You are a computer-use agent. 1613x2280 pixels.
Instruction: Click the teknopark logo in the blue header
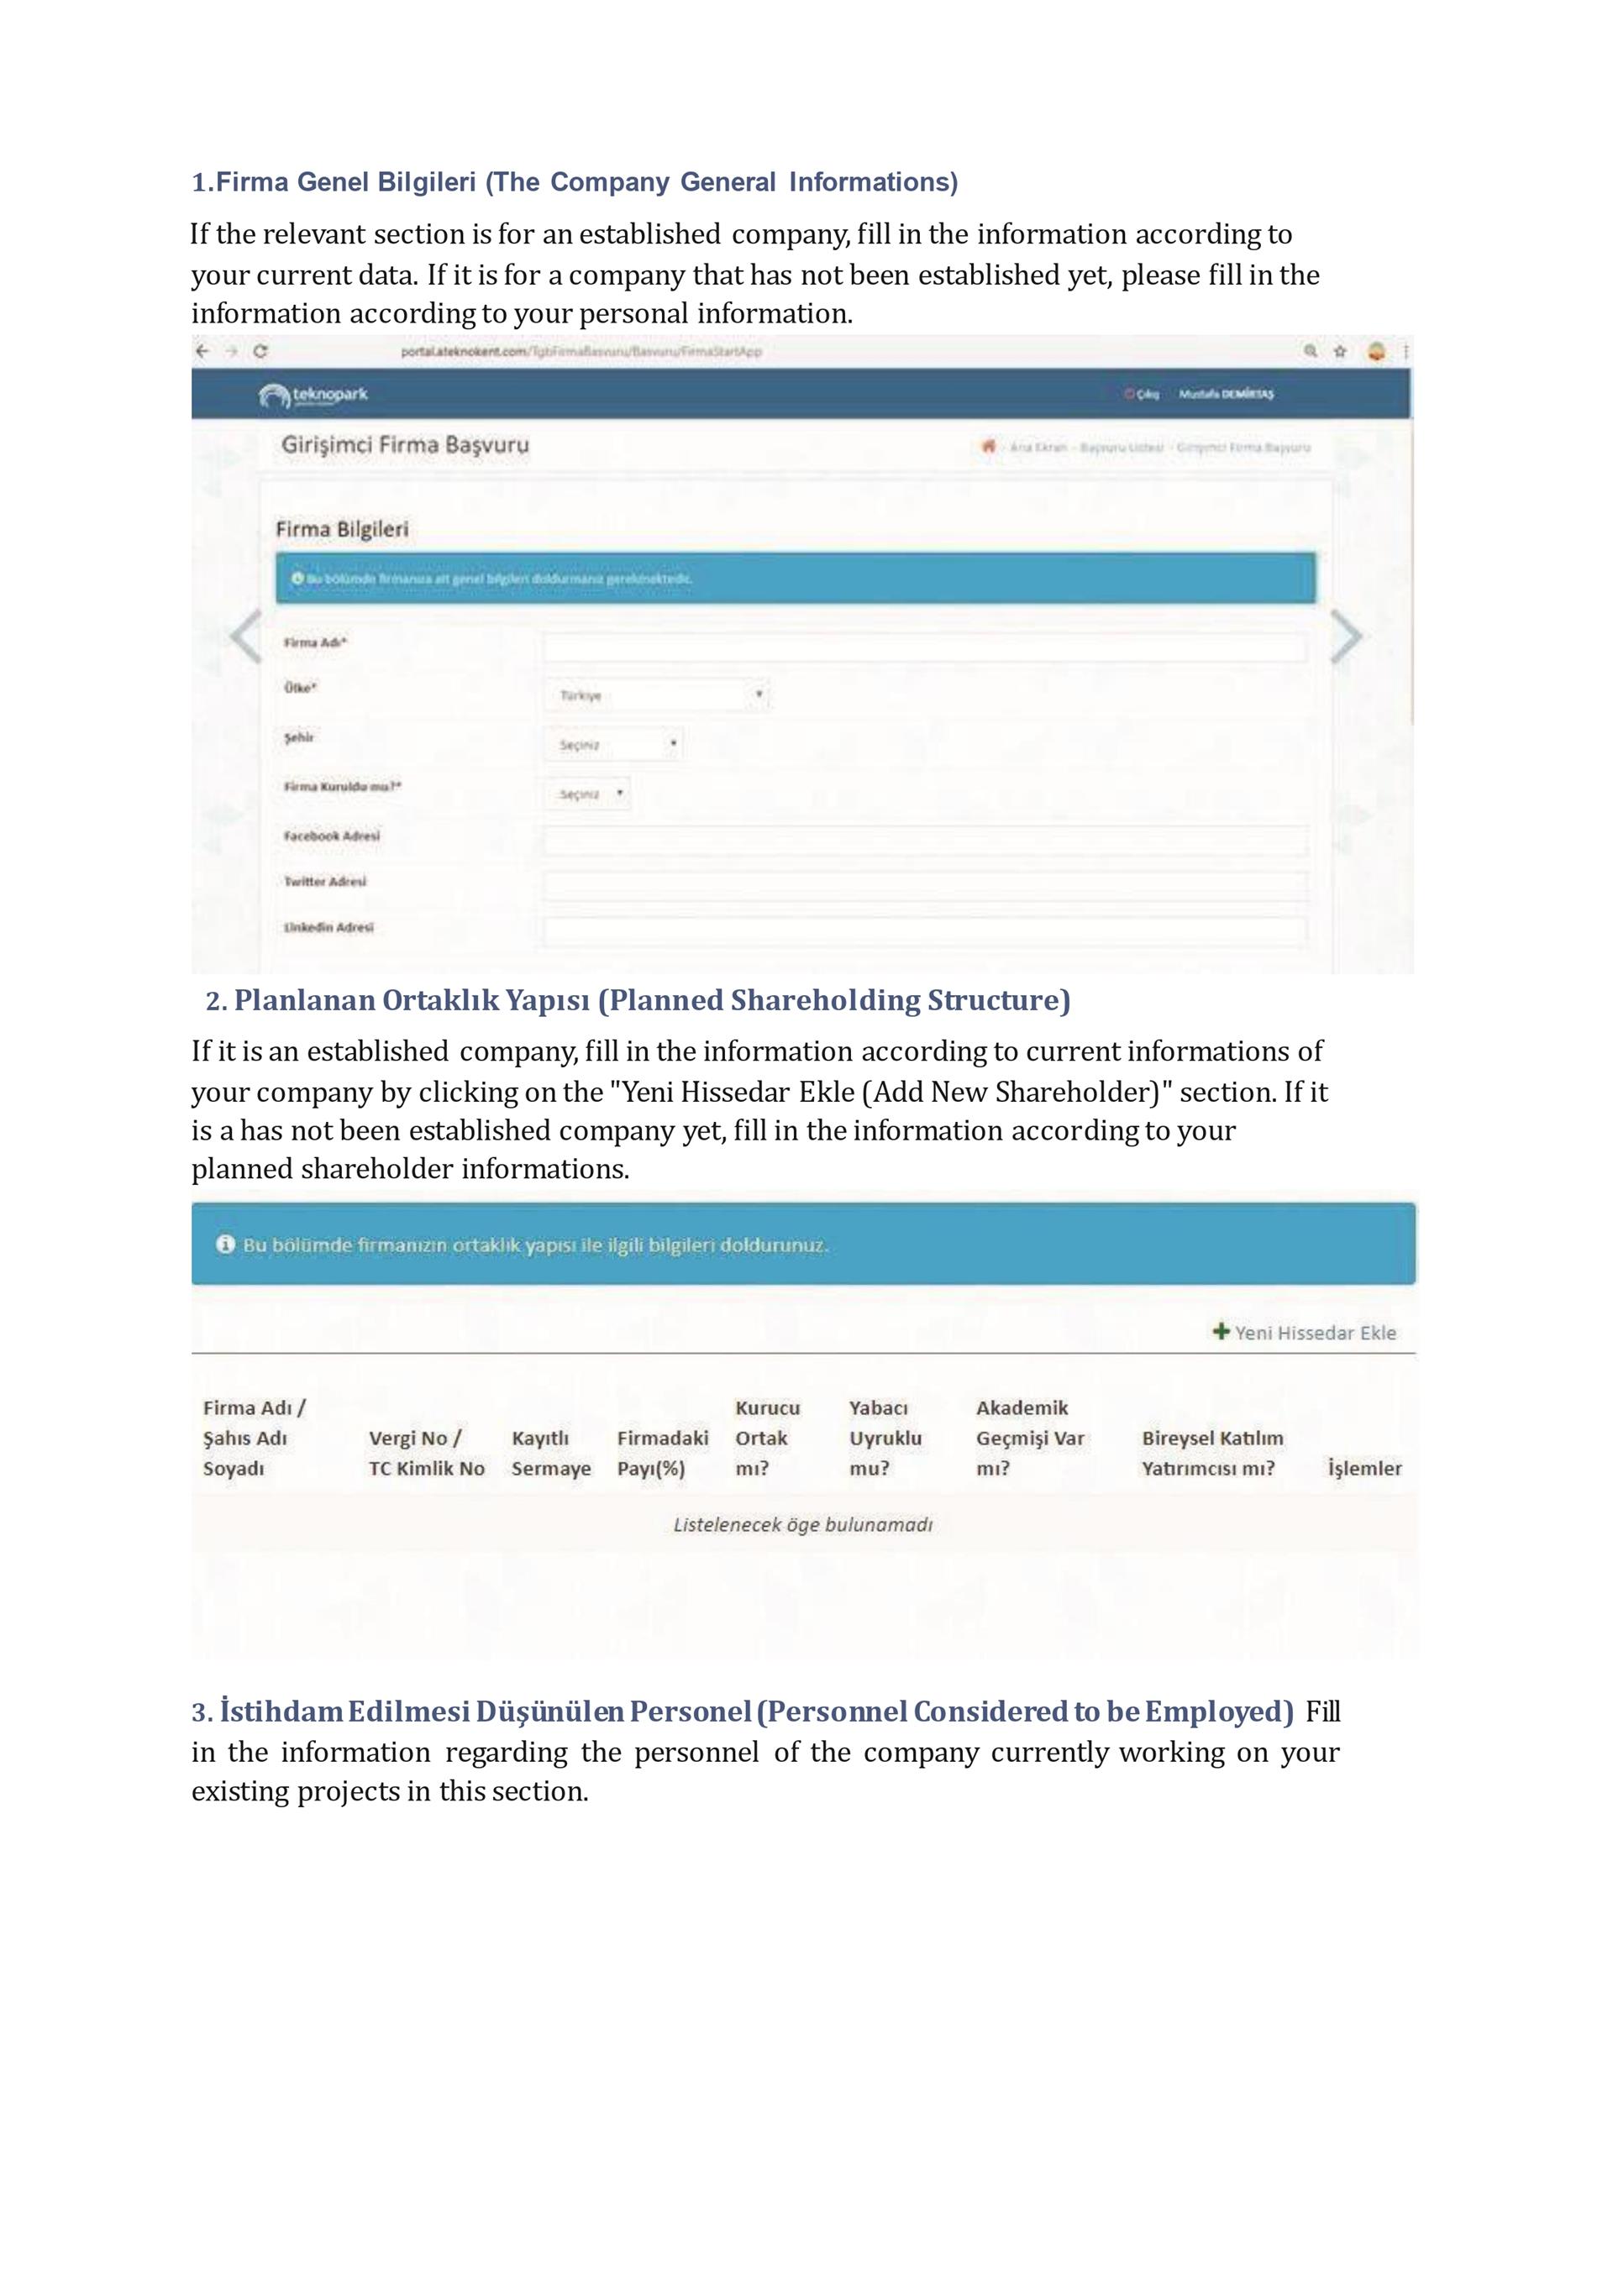313,396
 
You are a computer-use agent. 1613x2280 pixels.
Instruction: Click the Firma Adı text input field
924,648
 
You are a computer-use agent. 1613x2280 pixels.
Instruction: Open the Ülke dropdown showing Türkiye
656,695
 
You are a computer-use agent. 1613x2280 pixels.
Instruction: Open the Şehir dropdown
612,744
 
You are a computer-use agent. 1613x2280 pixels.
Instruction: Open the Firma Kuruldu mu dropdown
587,794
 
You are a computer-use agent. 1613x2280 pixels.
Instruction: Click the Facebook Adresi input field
924,840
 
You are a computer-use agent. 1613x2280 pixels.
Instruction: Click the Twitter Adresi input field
924,886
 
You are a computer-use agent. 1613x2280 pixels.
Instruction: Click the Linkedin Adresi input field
924,931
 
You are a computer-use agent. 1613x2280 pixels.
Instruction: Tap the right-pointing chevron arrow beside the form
1346,637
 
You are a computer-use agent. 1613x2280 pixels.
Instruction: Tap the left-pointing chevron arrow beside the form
245,637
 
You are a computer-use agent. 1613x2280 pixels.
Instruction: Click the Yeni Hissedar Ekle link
1304,1333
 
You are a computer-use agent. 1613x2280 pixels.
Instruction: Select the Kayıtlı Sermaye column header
550,1453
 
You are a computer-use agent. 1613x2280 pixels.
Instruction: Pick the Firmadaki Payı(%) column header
663,1453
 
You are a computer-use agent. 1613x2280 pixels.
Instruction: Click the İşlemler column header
1363,1469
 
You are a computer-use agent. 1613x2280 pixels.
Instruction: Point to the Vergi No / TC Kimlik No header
426,1453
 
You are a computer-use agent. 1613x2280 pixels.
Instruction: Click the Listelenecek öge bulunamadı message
802,1524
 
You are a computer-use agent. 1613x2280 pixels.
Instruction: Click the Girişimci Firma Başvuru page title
404,445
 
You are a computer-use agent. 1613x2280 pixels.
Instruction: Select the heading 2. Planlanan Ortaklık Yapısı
638,1000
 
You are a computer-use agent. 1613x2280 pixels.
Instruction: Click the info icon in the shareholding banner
225,1245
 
